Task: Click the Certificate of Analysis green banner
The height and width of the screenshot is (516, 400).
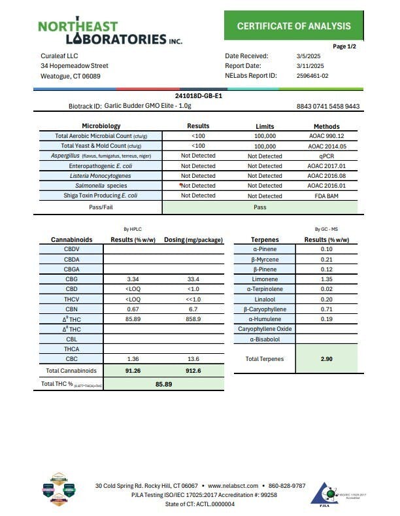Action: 293,27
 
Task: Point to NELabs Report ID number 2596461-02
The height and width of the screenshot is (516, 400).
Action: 313,76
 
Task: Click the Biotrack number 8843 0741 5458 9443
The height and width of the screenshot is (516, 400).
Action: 327,106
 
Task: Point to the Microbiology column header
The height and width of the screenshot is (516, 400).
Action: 101,126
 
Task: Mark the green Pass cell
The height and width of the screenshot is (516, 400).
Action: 260,206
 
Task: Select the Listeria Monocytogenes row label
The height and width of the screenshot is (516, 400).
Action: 101,176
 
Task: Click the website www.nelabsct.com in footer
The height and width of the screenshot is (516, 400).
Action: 233,486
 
